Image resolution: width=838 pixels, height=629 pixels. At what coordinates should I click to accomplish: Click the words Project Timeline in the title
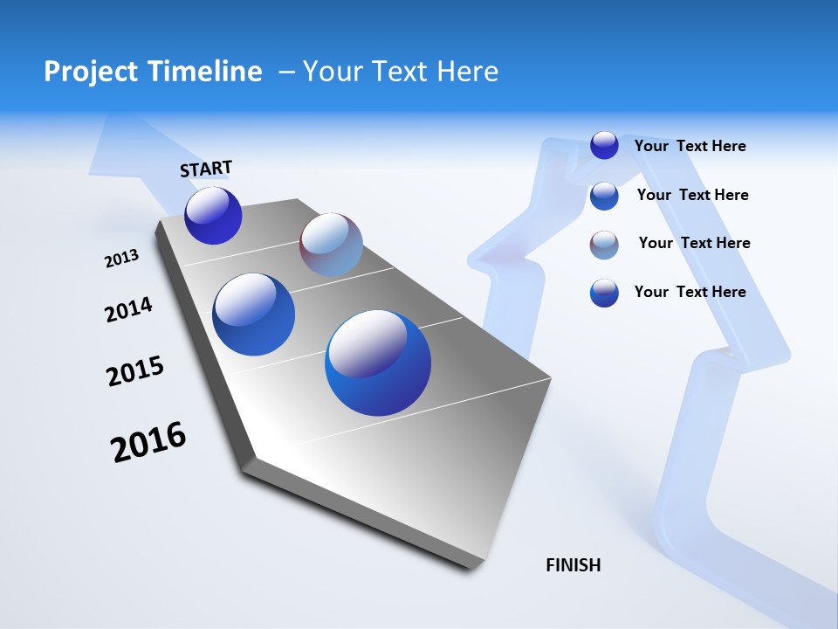(153, 72)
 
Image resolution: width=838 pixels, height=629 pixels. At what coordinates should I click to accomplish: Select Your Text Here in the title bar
(401, 72)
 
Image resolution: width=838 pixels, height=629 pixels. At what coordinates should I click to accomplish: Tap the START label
(206, 169)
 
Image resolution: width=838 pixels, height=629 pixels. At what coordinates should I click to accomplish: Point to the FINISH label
(574, 565)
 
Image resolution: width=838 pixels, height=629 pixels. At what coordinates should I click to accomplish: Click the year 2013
(122, 259)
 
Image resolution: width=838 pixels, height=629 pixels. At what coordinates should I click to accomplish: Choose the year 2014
(128, 309)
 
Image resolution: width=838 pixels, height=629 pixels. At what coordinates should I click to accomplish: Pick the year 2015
(135, 372)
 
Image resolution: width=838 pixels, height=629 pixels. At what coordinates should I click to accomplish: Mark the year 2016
(148, 442)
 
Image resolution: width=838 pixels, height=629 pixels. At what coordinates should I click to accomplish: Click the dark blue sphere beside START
(213, 216)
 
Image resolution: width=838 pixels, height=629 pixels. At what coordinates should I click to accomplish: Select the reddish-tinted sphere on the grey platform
(331, 245)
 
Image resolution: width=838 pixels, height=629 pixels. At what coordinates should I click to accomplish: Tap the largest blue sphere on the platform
(378, 363)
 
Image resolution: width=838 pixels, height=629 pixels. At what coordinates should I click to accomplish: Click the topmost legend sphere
(604, 145)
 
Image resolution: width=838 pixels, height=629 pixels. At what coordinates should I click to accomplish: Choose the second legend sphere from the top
(604, 196)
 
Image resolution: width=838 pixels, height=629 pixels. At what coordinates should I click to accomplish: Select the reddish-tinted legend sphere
(604, 245)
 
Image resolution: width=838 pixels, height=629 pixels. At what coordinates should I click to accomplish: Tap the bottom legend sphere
(604, 293)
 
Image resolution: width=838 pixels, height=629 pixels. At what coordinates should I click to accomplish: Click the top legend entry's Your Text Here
(690, 146)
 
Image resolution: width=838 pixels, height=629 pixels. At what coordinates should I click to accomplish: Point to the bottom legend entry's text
(690, 292)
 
